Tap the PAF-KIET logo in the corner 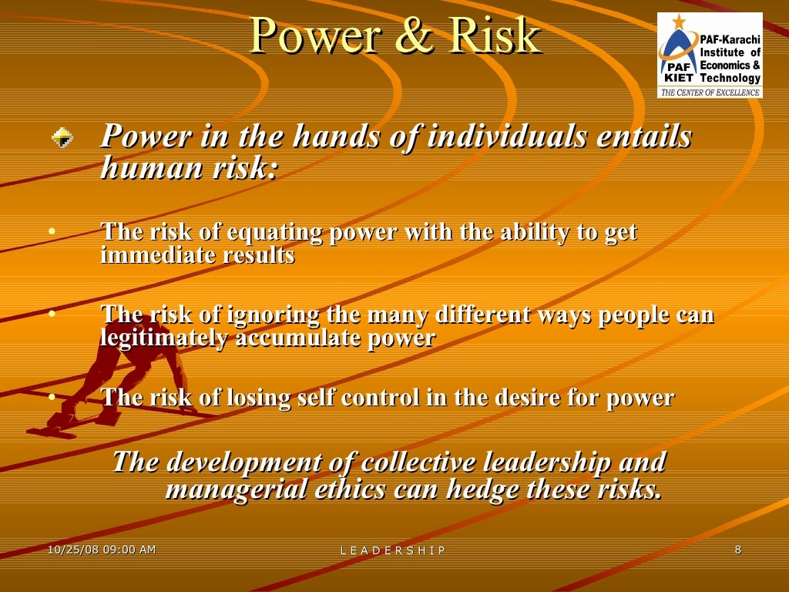709,55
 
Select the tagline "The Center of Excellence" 709,92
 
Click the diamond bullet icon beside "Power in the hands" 62,138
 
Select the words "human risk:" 189,167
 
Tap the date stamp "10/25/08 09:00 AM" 102,550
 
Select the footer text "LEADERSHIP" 393,550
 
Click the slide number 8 738,550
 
